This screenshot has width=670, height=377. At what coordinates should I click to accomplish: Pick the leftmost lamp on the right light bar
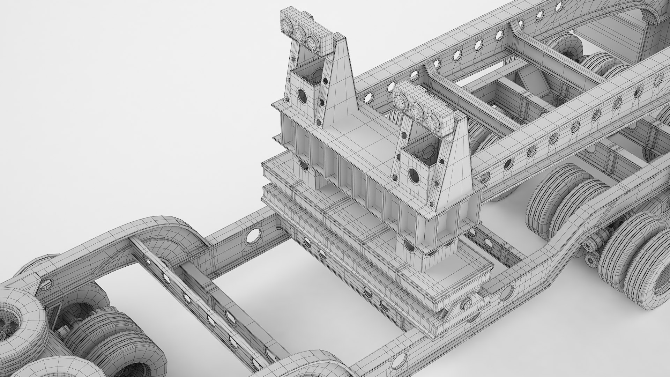(x=400, y=101)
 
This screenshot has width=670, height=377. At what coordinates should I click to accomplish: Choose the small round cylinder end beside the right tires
(x=590, y=259)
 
